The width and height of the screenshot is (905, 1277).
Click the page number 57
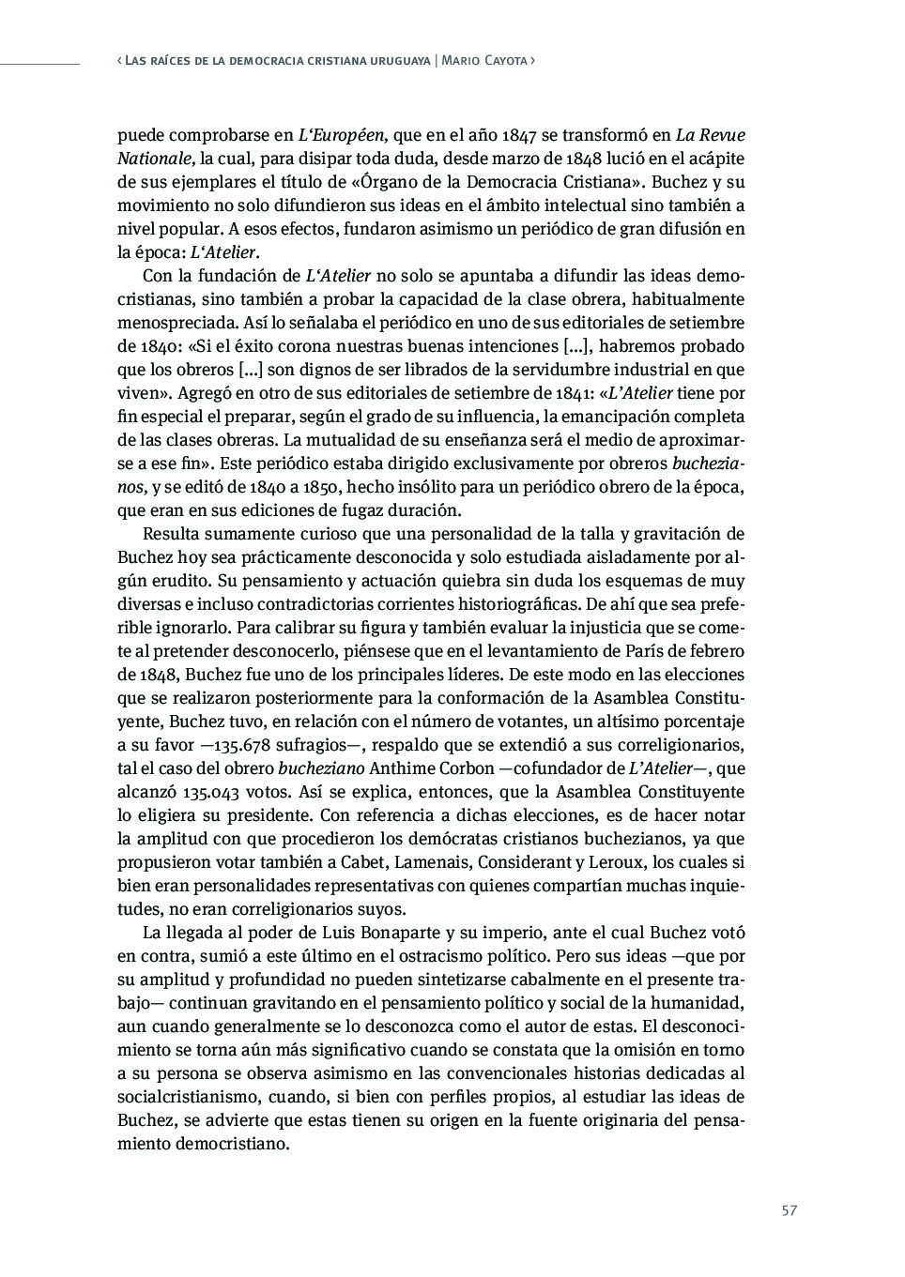[x=789, y=1210]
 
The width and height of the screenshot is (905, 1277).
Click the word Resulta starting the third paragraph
[x=170, y=534]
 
